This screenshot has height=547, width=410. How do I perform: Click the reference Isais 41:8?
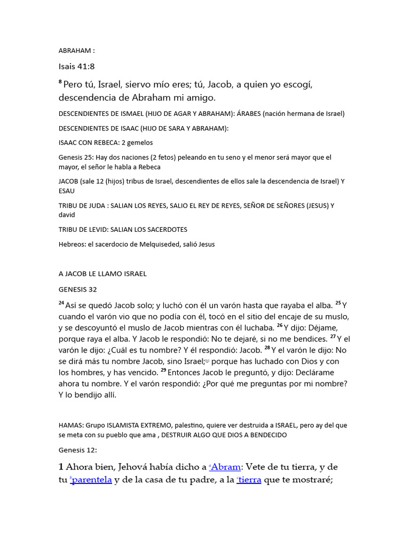click(76, 67)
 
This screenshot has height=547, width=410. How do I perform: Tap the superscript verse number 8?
click(60, 83)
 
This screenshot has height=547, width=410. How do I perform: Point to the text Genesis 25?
click(75, 158)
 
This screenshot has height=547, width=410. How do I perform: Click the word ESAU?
click(66, 191)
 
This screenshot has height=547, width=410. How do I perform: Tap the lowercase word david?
click(66, 215)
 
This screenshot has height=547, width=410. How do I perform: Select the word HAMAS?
click(69, 426)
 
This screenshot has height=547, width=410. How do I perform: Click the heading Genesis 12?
click(77, 450)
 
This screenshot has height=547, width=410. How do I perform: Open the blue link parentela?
click(91, 480)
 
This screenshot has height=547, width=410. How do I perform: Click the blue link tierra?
click(250, 480)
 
